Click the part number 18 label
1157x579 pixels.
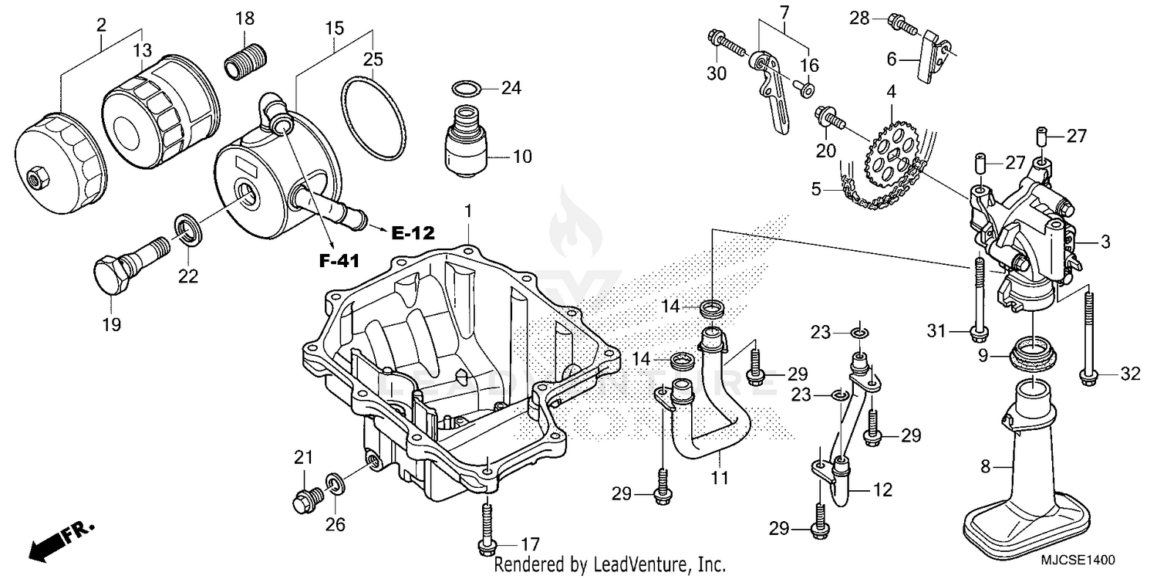point(244,18)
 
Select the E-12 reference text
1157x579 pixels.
point(413,232)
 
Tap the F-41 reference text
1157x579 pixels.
point(339,262)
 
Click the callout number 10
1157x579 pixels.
point(522,157)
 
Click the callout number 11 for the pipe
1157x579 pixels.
point(720,479)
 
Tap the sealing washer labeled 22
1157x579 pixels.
point(187,228)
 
